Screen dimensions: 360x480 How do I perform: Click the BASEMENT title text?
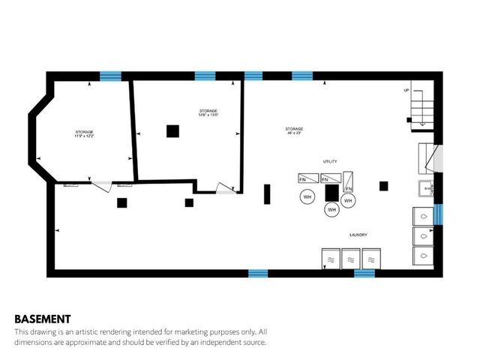[43, 318]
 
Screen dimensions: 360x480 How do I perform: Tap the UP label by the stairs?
[407, 90]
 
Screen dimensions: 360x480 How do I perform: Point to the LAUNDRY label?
[358, 235]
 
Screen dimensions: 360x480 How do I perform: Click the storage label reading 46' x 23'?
[294, 132]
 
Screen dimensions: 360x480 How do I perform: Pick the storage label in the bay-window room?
[84, 134]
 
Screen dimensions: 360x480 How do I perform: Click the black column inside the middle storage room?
[173, 131]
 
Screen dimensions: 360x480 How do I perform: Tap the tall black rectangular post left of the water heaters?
[266, 193]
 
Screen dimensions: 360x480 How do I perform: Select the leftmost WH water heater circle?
[307, 196]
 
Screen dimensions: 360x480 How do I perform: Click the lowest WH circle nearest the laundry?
[331, 210]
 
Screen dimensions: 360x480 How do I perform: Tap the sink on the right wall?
[425, 189]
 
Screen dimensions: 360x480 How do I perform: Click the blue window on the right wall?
[439, 214]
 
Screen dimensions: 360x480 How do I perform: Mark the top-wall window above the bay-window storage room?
[110, 75]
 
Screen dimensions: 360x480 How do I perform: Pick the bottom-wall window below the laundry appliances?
[364, 273]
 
